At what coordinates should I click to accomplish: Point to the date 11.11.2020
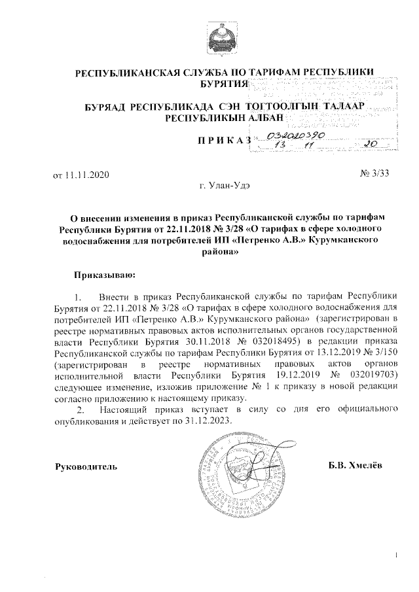[81, 175]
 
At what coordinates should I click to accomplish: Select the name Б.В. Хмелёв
[356, 466]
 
